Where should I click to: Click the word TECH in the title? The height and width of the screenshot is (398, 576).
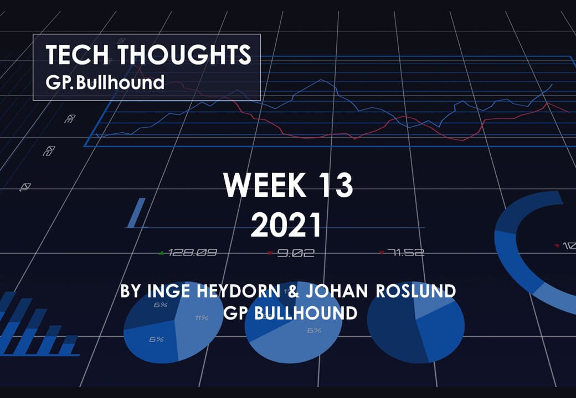(77, 54)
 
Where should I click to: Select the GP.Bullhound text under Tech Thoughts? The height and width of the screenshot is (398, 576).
(105, 82)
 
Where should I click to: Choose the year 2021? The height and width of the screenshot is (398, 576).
(286, 225)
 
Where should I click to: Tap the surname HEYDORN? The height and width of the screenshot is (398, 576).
(239, 291)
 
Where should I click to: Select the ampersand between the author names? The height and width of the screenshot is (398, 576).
(294, 291)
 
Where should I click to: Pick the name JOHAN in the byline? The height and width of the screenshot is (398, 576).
(337, 291)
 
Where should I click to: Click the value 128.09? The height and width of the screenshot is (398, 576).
(193, 253)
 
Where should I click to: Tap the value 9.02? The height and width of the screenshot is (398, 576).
(296, 253)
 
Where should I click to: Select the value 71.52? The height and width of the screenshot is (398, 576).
(405, 253)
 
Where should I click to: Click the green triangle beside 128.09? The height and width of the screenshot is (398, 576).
(161, 253)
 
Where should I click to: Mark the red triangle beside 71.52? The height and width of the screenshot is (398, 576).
(382, 252)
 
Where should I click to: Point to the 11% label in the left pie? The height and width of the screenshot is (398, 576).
(202, 318)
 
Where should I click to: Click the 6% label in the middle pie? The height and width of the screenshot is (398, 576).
(315, 330)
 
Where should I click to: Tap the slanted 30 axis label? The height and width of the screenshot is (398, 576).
(70, 119)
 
